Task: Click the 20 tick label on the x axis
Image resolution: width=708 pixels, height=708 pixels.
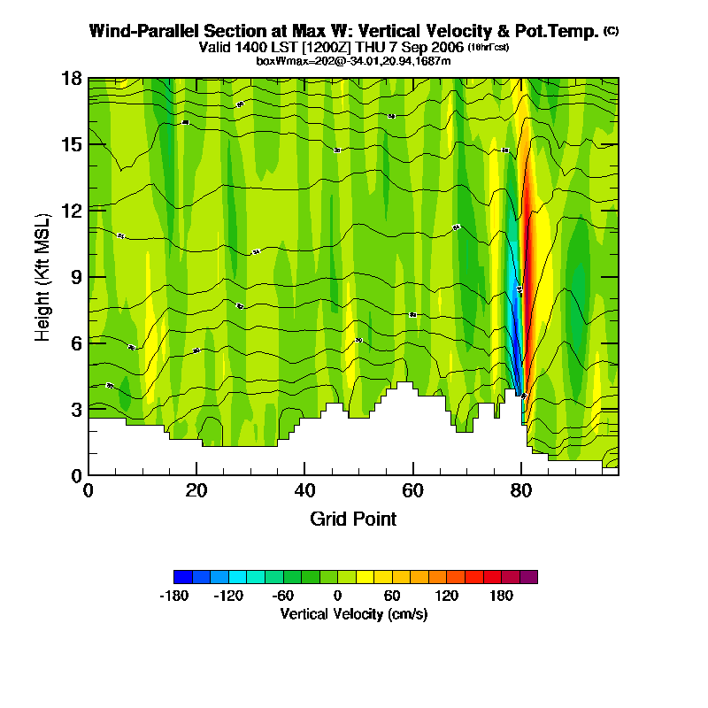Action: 196,490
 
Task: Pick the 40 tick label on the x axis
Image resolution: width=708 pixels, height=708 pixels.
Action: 304,490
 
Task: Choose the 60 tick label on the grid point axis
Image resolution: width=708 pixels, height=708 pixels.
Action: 412,490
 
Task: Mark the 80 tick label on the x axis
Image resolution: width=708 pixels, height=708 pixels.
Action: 521,490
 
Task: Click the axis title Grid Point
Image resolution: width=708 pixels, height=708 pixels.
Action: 353,519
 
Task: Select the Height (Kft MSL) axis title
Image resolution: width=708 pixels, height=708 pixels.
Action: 42,276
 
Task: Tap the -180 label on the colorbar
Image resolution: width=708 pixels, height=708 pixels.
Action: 174,596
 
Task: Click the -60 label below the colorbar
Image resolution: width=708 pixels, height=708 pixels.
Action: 283,596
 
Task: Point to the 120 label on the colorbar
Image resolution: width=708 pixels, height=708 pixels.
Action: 446,596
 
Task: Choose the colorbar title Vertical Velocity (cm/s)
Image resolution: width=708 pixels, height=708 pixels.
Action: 354,613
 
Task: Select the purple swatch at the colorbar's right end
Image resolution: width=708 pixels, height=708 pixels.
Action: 528,577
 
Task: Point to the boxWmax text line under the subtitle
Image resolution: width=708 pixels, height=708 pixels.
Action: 353,60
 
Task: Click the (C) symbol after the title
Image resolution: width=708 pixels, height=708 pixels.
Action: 611,31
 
